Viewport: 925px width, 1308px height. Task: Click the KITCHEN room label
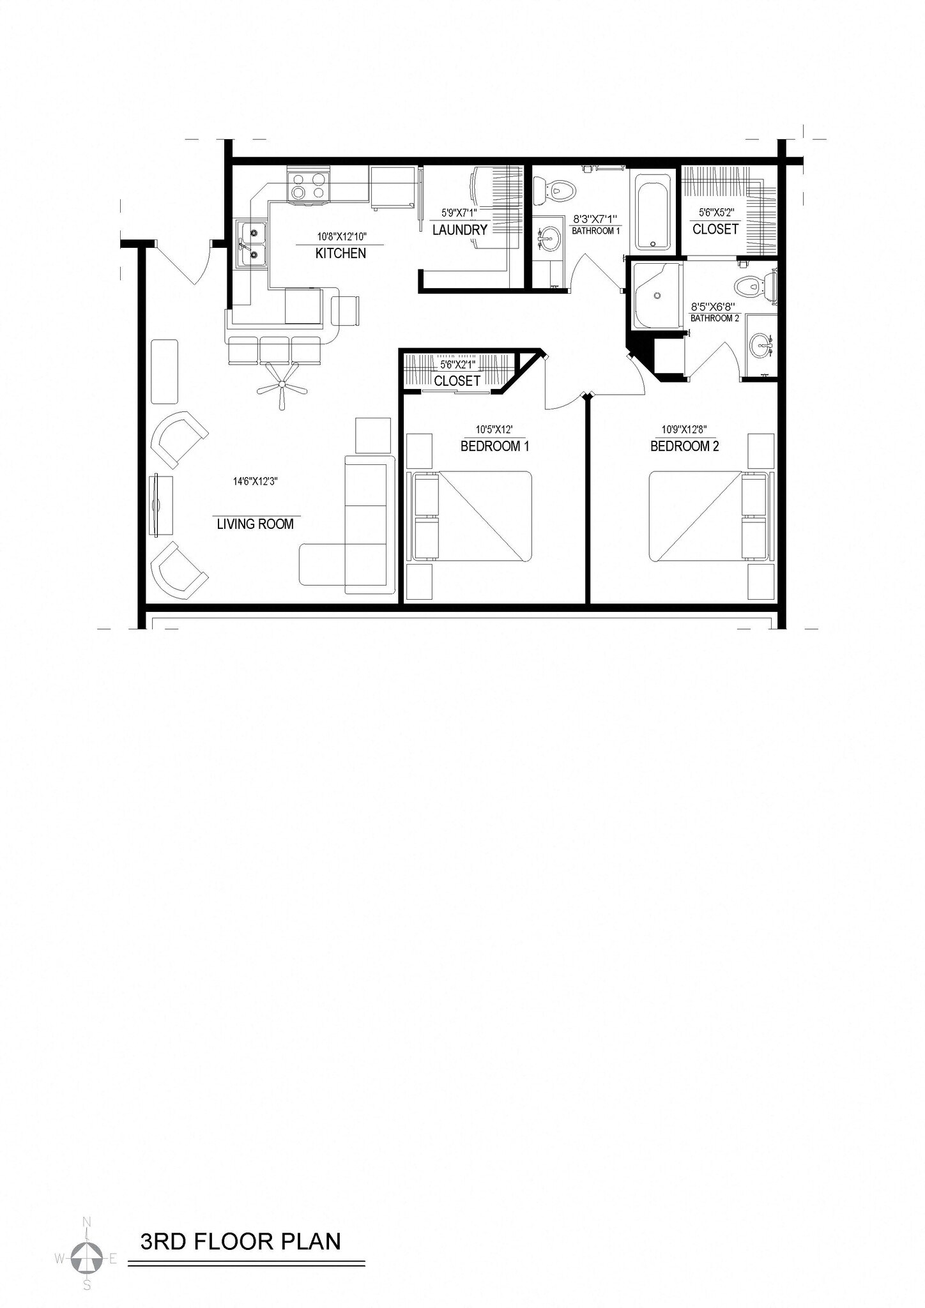[x=340, y=254]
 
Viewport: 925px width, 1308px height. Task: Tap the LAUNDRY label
[x=459, y=230]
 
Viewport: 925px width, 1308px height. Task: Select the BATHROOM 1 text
[x=595, y=231]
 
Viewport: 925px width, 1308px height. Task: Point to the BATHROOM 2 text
[x=714, y=318]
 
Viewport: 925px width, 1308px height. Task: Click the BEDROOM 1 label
[x=494, y=446]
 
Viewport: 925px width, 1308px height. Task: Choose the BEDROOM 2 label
[x=684, y=446]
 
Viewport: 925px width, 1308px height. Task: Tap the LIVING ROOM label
[x=255, y=524]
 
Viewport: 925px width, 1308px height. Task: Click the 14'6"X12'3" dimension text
[x=255, y=482]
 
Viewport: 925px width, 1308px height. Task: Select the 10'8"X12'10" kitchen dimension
[x=341, y=236]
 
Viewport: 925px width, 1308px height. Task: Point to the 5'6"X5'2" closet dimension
[x=715, y=211]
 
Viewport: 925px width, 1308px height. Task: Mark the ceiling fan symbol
[x=281, y=384]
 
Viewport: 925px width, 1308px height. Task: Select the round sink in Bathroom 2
[x=760, y=347]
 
